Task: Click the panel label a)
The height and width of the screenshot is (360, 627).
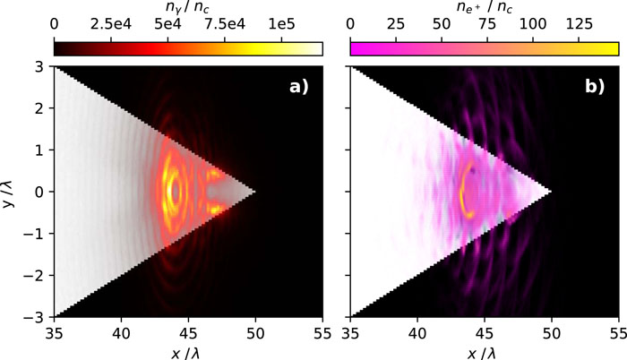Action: point(299,86)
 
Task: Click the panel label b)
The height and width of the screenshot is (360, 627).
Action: point(595,86)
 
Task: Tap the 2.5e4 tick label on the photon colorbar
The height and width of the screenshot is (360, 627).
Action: point(111,24)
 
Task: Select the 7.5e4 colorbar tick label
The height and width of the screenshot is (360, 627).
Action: point(225,24)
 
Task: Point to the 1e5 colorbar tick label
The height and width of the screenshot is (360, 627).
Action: point(282,24)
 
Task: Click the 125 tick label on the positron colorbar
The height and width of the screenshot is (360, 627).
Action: point(579,24)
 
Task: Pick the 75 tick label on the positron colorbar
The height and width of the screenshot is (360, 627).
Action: point(487,24)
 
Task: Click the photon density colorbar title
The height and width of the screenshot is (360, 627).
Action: point(187,7)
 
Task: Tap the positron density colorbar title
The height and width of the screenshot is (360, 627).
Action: point(485,7)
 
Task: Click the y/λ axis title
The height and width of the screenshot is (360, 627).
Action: point(8,192)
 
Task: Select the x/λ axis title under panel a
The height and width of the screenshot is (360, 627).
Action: point(188,353)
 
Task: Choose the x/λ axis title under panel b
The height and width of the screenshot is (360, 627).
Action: point(485,353)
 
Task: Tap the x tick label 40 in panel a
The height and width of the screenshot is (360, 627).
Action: point(121,333)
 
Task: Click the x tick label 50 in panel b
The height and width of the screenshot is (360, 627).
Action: point(552,333)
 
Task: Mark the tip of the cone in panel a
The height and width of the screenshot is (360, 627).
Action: point(255,192)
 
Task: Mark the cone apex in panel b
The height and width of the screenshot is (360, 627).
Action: point(552,192)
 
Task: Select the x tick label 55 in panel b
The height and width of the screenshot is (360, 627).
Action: point(618,333)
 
